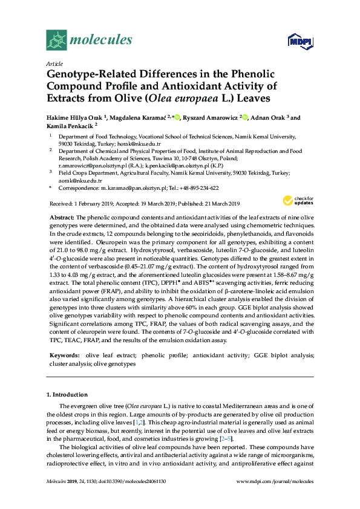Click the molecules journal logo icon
pyautogui.click(x=56, y=41)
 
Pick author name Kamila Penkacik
pyautogui.click(x=74, y=126)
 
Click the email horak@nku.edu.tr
pyautogui.click(x=142, y=144)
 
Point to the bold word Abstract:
pyautogui.click(x=61, y=216)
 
